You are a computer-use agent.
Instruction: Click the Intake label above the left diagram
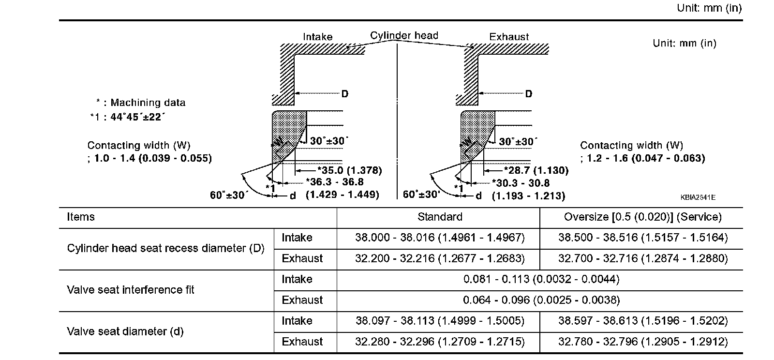(x=317, y=37)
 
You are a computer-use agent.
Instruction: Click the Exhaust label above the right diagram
(x=509, y=37)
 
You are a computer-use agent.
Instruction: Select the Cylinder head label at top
(x=404, y=35)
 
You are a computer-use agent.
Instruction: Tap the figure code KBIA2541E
(x=698, y=197)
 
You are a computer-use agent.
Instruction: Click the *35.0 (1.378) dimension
(x=349, y=170)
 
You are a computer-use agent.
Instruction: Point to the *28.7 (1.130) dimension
(x=536, y=170)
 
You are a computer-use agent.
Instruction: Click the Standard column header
(x=439, y=217)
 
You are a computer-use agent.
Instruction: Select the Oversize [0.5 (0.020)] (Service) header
(x=642, y=217)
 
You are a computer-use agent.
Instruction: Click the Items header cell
(x=81, y=217)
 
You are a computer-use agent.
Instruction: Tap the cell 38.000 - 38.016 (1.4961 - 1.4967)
(x=439, y=238)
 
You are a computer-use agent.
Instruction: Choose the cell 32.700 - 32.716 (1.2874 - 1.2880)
(x=642, y=258)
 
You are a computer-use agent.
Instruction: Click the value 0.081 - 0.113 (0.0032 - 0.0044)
(x=541, y=279)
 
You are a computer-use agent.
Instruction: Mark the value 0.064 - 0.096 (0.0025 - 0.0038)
(x=541, y=300)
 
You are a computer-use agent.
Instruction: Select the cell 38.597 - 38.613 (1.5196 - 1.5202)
(x=642, y=321)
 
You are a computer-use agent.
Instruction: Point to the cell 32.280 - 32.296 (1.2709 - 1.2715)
(x=439, y=342)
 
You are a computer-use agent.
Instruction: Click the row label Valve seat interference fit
(x=130, y=290)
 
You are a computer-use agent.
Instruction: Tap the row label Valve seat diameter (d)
(x=125, y=331)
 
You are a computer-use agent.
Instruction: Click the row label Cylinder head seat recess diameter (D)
(x=165, y=248)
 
